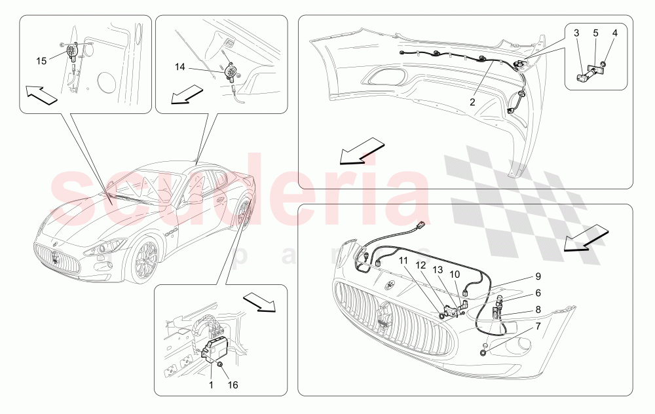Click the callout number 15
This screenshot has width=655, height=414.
[41, 61]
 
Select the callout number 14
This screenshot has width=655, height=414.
[180, 67]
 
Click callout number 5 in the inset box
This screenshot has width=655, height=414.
[595, 32]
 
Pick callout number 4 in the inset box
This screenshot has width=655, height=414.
[614, 32]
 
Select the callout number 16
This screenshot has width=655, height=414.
[233, 385]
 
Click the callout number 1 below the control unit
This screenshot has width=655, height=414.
[212, 385]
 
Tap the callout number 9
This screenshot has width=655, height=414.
[537, 276]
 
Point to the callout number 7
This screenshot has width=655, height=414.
[537, 326]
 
